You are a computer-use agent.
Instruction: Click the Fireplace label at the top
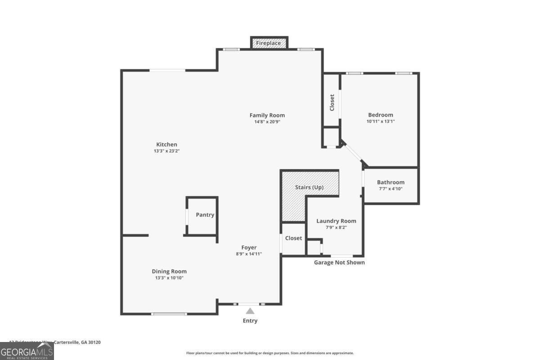tap(269, 43)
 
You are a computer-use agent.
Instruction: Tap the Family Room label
tap(267, 115)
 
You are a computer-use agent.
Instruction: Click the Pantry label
tap(205, 215)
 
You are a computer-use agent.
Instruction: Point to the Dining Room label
tap(169, 271)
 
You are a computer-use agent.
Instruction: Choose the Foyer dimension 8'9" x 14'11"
tap(249, 254)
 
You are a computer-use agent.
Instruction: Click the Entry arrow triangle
tap(250, 310)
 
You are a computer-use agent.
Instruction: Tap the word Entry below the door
tap(250, 321)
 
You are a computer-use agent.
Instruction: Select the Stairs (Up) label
tap(309, 187)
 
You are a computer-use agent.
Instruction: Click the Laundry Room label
tap(336, 221)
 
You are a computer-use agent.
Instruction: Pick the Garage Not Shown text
tap(339, 262)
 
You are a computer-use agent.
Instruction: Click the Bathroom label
tap(391, 182)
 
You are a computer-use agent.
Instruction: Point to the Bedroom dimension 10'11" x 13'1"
tap(381, 121)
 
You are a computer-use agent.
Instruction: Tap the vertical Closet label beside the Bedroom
tap(332, 103)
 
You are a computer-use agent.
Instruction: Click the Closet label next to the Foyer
tap(293, 238)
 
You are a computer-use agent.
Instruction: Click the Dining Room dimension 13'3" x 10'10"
tap(169, 278)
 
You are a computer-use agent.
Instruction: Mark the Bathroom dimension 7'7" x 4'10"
tap(391, 189)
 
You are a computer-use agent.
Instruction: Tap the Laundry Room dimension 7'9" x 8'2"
tap(336, 227)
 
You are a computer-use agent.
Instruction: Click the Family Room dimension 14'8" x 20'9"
tap(267, 121)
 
